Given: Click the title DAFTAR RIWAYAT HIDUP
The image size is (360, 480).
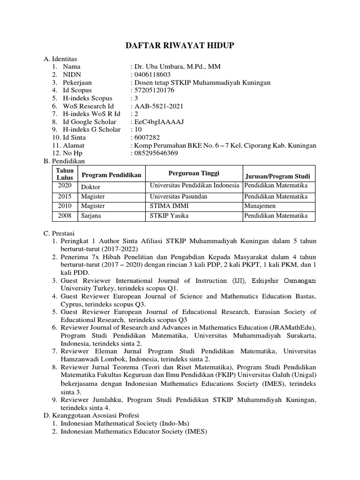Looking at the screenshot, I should (180, 45).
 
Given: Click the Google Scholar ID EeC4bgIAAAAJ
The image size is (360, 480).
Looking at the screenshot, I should (157, 122).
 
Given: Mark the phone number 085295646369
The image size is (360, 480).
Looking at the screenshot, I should (155, 153).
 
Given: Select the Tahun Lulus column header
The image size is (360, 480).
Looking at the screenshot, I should (65, 174).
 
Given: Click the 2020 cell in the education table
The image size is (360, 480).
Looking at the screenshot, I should (65, 186).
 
